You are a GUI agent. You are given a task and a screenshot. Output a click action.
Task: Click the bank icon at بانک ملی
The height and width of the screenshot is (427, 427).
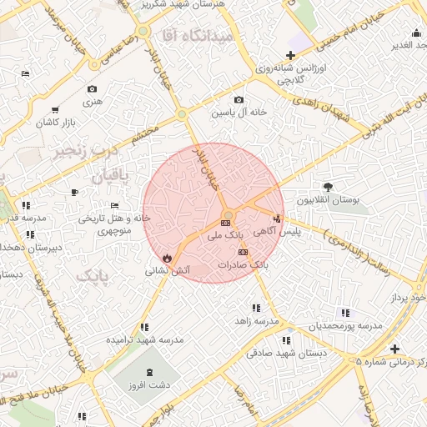point(226,224)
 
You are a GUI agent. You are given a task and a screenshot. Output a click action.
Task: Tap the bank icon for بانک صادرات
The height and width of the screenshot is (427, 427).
point(243,252)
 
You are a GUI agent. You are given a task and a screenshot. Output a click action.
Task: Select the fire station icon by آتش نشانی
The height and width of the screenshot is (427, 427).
point(168,258)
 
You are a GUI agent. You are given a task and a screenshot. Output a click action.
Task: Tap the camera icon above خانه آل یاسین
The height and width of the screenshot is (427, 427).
point(239,100)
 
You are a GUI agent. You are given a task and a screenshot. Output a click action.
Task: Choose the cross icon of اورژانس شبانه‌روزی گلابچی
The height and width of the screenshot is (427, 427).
point(289,54)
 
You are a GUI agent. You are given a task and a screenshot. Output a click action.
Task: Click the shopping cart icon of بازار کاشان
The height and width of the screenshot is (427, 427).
point(55,110)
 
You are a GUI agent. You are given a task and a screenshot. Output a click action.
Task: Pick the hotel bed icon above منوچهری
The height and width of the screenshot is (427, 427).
point(114,206)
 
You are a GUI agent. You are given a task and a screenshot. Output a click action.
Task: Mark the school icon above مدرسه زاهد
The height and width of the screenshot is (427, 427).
point(254,308)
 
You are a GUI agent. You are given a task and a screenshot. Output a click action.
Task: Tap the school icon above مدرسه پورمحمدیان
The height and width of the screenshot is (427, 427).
point(345,313)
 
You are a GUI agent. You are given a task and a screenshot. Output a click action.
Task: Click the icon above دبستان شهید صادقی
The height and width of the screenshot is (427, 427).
point(286,340)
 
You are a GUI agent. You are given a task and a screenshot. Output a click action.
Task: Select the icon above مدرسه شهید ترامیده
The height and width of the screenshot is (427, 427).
point(144,328)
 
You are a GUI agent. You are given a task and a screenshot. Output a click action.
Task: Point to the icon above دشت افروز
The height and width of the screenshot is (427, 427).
point(149,372)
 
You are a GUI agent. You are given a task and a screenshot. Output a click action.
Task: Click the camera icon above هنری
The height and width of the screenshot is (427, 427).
point(92,89)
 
